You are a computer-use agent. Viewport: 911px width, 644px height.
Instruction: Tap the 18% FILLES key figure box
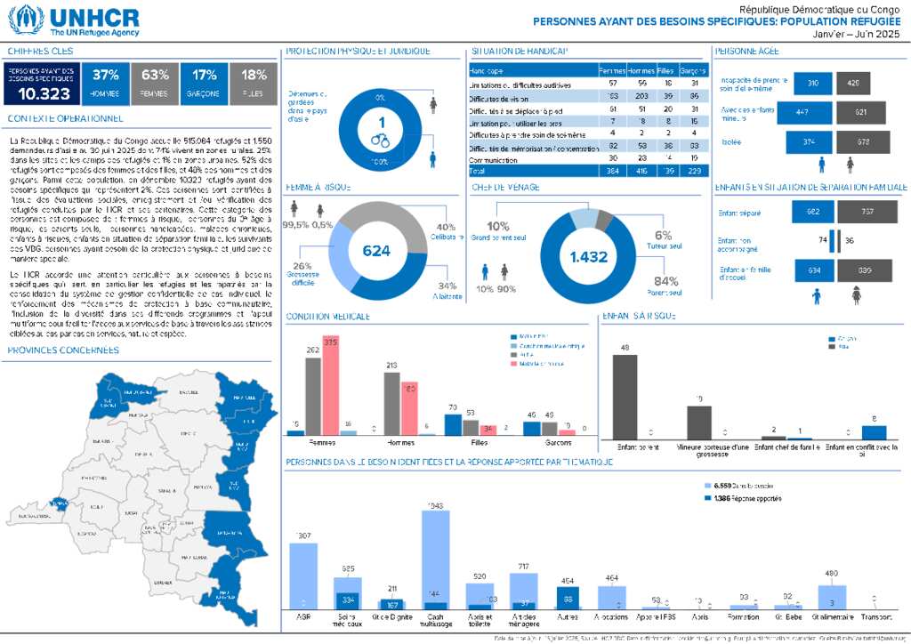(x=254, y=83)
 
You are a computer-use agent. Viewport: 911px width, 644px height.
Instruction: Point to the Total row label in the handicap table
(x=479, y=170)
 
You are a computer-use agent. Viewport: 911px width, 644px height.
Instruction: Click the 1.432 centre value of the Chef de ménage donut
(x=589, y=257)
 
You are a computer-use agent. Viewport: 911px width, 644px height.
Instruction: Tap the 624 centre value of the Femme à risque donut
(x=376, y=252)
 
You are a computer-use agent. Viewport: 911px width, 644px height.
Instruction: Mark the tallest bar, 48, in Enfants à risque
(x=625, y=394)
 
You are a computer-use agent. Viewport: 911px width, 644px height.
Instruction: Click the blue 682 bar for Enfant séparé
(x=813, y=213)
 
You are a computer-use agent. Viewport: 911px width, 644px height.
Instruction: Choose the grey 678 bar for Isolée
(x=863, y=142)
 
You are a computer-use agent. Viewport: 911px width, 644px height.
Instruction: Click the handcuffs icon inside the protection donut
(x=381, y=140)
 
